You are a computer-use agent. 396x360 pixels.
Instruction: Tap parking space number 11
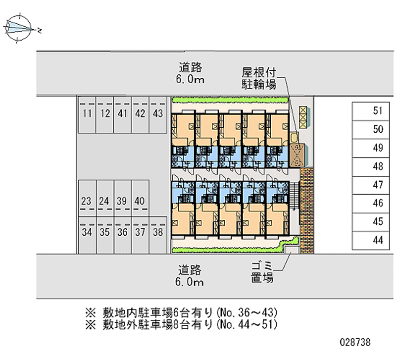pyautogui.click(x=87, y=114)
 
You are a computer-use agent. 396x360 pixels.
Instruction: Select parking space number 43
pyautogui.click(x=158, y=114)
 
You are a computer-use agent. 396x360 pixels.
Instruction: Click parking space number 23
pyautogui.click(x=87, y=201)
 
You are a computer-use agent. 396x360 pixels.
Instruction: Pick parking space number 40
pyautogui.click(x=140, y=201)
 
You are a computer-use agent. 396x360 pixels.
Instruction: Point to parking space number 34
pyautogui.click(x=87, y=231)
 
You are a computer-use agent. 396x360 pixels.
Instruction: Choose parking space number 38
pyautogui.click(x=158, y=231)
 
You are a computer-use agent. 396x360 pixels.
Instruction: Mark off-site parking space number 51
pyautogui.click(x=378, y=111)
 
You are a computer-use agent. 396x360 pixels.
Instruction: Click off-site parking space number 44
pyautogui.click(x=378, y=240)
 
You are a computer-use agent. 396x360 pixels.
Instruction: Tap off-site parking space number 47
pyautogui.click(x=378, y=185)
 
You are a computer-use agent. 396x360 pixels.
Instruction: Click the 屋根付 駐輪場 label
pyautogui.click(x=258, y=78)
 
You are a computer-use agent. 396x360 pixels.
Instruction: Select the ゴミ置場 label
pyautogui.click(x=261, y=272)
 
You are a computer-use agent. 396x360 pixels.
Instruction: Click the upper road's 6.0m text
pyautogui.click(x=191, y=79)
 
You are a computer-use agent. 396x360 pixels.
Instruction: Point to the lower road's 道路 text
pyautogui.click(x=191, y=270)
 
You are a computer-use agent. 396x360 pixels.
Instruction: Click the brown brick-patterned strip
pyautogui.click(x=307, y=210)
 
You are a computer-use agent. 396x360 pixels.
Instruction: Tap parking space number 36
pyautogui.click(x=122, y=231)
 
